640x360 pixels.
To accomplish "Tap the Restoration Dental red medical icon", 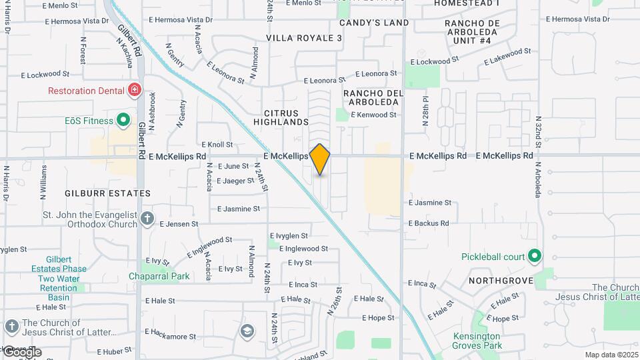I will coord(135,89).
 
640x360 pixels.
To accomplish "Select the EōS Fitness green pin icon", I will coord(123,121).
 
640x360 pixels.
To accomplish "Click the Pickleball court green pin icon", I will coord(534,256).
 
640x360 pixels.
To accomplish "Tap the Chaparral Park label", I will coord(159,276).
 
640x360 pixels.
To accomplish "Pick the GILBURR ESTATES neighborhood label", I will coord(107,193).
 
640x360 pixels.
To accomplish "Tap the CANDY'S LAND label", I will coord(374,23).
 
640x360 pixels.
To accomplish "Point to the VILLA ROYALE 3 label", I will coord(304,38).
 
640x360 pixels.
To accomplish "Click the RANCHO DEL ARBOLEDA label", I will coord(373,97).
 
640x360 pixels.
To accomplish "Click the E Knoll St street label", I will coord(217,144).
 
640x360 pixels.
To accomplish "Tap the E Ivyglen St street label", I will coord(289,235).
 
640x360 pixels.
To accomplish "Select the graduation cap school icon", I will coord(247,331).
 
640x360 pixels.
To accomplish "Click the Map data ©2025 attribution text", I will coord(611,355).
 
